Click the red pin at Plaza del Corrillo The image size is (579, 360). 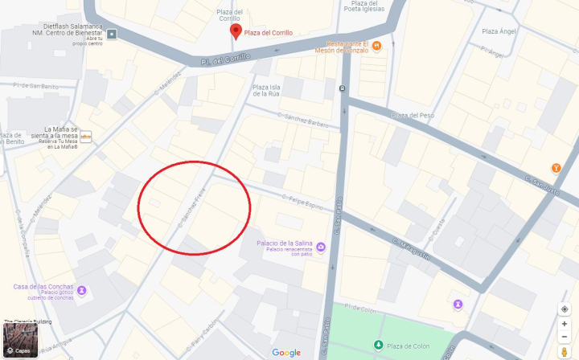click(236, 31)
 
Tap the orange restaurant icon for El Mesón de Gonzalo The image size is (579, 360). click(376, 45)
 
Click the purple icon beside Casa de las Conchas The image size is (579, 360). click(81, 290)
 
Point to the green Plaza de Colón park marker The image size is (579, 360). click(378, 346)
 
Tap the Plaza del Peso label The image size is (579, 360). click(413, 115)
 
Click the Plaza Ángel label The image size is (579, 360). click(499, 31)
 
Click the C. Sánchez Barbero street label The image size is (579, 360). click(303, 118)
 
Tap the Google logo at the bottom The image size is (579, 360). click(286, 352)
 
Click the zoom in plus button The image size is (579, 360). click(565, 324)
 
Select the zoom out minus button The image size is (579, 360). click(565, 337)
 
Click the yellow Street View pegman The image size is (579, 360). click(565, 352)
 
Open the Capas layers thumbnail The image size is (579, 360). click(20, 341)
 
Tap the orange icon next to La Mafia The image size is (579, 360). click(85, 136)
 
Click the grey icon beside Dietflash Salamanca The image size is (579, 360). click(112, 35)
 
